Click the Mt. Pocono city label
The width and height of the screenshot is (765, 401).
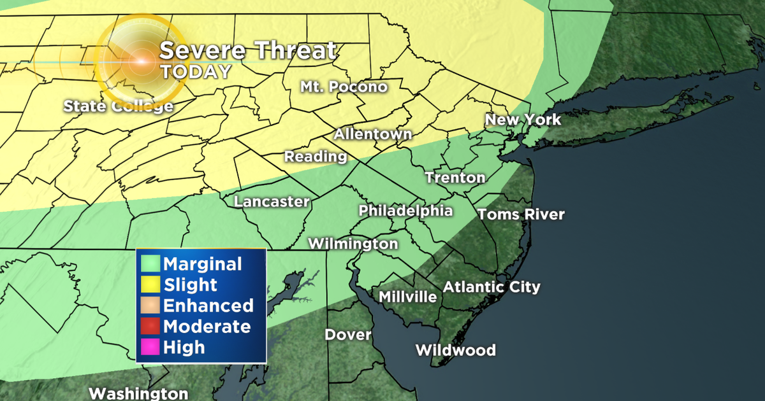[344, 87]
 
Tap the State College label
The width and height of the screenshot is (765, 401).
[118, 106]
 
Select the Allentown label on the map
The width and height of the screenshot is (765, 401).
[373, 134]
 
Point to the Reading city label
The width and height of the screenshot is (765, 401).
[316, 156]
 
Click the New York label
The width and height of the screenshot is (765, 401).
[523, 120]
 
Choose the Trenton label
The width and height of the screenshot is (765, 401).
[455, 178]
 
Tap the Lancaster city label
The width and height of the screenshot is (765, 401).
[272, 202]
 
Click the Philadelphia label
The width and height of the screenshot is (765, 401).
[405, 211]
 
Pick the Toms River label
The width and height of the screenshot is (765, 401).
[521, 215]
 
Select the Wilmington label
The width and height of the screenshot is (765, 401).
[353, 244]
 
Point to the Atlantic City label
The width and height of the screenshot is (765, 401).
[492, 286]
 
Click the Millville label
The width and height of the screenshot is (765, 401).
[407, 297]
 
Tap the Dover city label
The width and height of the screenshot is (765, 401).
[347, 334]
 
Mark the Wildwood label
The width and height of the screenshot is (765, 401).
[455, 350]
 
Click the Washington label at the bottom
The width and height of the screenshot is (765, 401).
[138, 393]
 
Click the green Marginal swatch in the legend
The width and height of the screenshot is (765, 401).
[151, 264]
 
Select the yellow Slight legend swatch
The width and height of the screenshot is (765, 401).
[151, 285]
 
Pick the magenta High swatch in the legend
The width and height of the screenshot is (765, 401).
[151, 347]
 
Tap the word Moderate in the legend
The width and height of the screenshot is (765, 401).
[207, 327]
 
